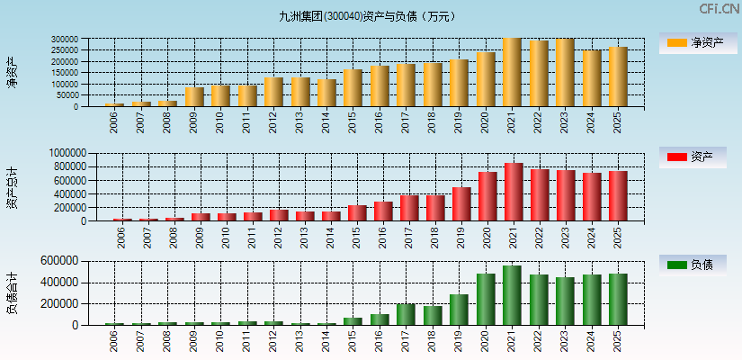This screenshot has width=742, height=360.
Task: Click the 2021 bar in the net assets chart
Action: pos(512,72)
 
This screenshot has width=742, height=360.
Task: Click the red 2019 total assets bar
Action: pos(461,203)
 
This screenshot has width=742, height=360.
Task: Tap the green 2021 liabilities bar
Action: pos(512,295)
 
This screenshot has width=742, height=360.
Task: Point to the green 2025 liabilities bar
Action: pos(618,299)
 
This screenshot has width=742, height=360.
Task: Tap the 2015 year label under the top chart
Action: pos(352,121)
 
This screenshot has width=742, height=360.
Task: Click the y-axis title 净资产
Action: pos(13,72)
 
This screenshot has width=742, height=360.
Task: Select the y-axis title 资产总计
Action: pos(13,188)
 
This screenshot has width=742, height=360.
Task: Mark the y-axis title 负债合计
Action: pos(13,292)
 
